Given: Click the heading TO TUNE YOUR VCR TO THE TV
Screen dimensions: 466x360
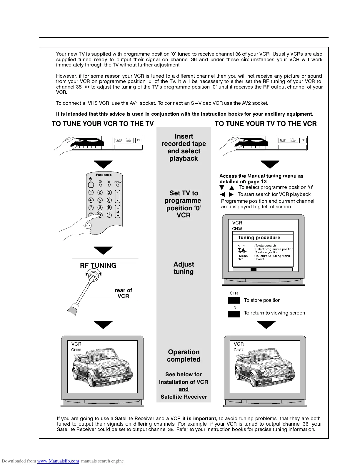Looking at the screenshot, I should coord(103,124).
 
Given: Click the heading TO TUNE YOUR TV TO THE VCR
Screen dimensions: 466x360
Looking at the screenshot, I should coord(266,124).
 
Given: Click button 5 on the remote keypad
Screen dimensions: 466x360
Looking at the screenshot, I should coord(100,200).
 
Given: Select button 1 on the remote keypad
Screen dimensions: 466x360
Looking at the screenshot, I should coord(91,192).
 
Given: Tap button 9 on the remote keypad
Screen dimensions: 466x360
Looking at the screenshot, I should coord(109,208).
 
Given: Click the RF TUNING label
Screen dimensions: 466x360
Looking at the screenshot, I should coord(98,265).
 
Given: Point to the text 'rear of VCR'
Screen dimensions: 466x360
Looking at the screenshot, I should coord(123,293).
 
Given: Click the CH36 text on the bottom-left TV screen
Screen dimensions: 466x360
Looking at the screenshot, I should coord(76,350).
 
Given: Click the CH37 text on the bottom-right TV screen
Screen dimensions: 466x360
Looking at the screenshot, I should coord(239,350).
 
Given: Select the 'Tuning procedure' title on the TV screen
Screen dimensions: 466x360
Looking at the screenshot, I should coord(259,238).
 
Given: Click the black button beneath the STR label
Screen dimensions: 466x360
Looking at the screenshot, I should coord(234,300).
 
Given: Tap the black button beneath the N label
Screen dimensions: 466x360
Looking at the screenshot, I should coord(234,314).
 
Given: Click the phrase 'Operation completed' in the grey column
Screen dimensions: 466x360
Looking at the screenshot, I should coord(184,356).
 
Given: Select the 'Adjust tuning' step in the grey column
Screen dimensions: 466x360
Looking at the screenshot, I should coord(184,268).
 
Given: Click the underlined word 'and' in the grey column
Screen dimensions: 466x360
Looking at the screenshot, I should coord(184,389).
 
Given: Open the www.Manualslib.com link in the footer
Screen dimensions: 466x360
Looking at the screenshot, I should coord(58,461).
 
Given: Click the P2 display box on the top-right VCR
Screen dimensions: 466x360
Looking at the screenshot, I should coord(303,140).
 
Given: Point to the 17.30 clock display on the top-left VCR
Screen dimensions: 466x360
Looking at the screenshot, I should coord(119,140).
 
